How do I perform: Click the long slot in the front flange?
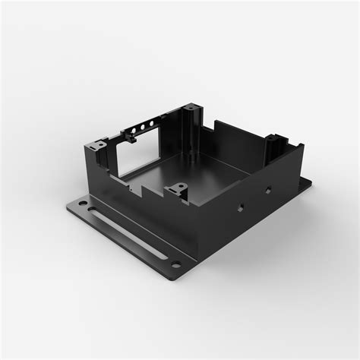pyautogui.click(x=130, y=230)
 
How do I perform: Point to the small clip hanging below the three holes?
pyautogui.click(x=130, y=139)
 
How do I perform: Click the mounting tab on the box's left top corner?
pyautogui.click(x=96, y=144)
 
